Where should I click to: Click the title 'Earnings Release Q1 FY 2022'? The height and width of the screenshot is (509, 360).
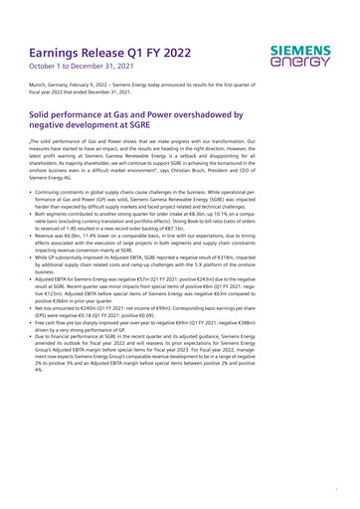click(110, 49)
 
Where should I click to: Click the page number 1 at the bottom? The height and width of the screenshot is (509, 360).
click(336, 491)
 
